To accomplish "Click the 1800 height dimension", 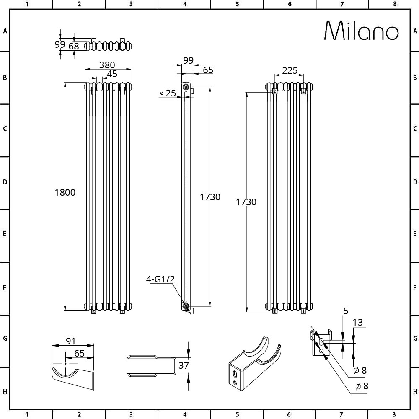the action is click(65, 192).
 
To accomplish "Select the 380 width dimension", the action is click(107, 65).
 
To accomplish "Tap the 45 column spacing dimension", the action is click(112, 74).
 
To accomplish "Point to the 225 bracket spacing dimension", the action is click(290, 70).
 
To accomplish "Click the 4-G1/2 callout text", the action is click(160, 279).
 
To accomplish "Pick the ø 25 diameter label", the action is click(168, 93).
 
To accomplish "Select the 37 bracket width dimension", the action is click(184, 365).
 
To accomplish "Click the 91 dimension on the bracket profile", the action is click(70, 341).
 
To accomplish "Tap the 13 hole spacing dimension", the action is click(357, 323).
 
